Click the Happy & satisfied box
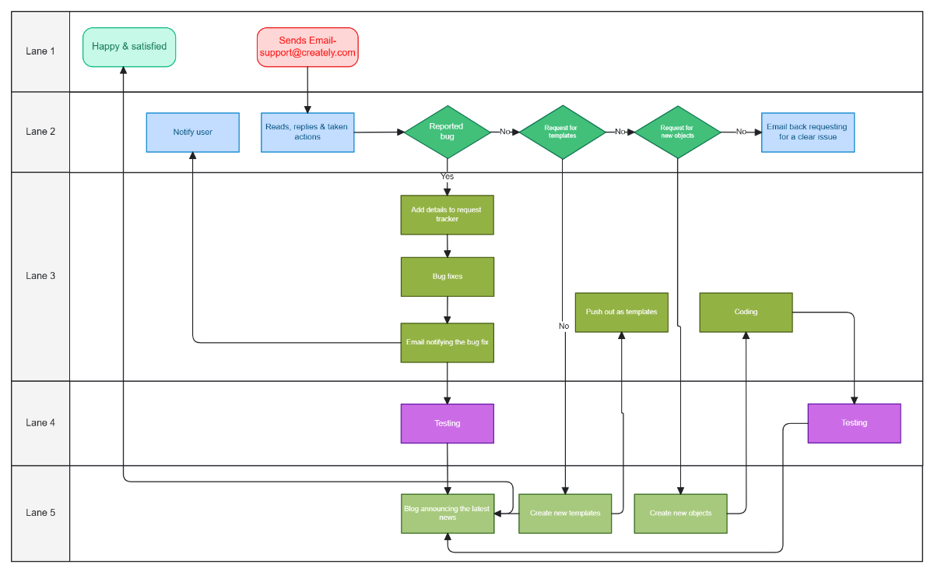(x=129, y=47)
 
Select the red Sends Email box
(x=307, y=47)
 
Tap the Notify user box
(x=192, y=132)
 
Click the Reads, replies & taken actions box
(x=307, y=132)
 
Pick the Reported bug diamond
(x=447, y=132)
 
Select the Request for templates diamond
(x=562, y=132)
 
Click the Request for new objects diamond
(x=677, y=132)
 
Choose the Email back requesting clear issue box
(x=807, y=132)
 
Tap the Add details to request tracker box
(x=447, y=214)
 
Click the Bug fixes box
(x=447, y=277)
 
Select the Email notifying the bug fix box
(x=447, y=342)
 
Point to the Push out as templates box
(x=621, y=312)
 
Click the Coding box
(x=746, y=312)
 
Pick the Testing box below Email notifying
(x=447, y=423)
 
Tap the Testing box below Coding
(x=854, y=423)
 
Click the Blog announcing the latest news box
(x=448, y=513)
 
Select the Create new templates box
(x=565, y=513)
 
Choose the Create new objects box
(x=680, y=513)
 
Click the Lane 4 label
(x=40, y=423)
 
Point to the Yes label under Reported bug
(x=447, y=176)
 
